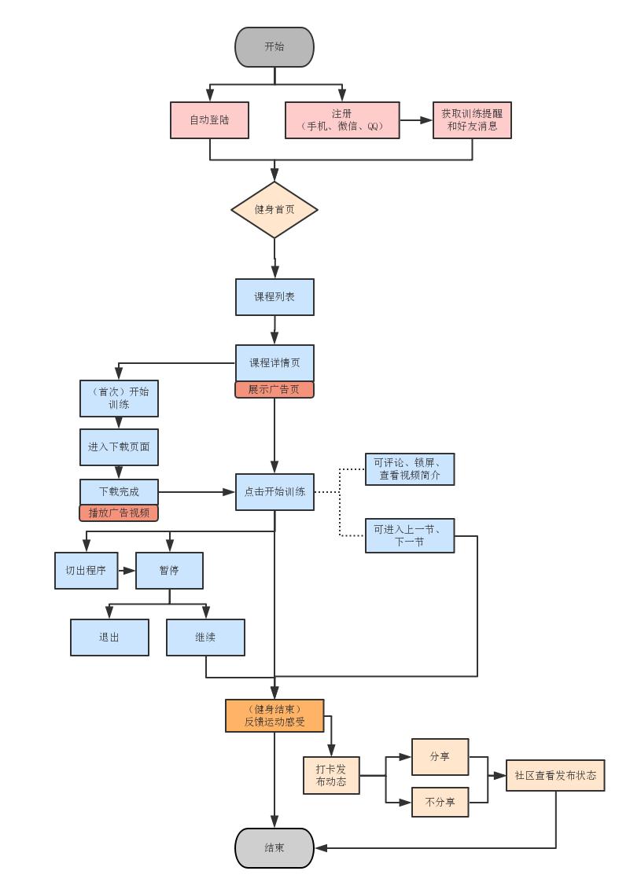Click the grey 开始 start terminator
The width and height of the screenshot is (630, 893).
click(274, 47)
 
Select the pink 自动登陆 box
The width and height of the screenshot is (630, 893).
click(210, 120)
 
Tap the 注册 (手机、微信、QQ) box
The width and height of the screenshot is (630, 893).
click(342, 120)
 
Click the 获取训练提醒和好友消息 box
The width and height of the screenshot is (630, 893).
click(472, 120)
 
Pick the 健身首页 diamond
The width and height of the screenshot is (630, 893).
click(274, 210)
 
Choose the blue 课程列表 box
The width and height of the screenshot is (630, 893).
click(274, 297)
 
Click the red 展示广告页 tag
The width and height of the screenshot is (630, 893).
click(274, 390)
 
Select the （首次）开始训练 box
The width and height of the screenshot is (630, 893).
click(119, 399)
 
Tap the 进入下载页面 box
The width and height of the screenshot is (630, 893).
click(119, 447)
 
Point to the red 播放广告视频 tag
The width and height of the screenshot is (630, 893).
click(119, 513)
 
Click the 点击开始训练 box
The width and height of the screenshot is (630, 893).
click(274, 492)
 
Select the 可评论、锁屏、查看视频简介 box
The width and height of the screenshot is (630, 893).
click(410, 469)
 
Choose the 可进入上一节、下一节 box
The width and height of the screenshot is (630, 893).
click(410, 535)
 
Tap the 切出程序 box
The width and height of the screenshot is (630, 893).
click(86, 571)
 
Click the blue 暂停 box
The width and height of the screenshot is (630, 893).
click(169, 571)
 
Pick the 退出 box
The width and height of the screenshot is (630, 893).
click(109, 638)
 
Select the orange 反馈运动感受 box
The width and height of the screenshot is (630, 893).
click(274, 715)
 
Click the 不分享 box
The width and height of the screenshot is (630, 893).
click(440, 803)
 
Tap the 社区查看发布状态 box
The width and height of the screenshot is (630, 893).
click(555, 775)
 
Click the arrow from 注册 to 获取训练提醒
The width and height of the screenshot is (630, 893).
click(416, 120)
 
